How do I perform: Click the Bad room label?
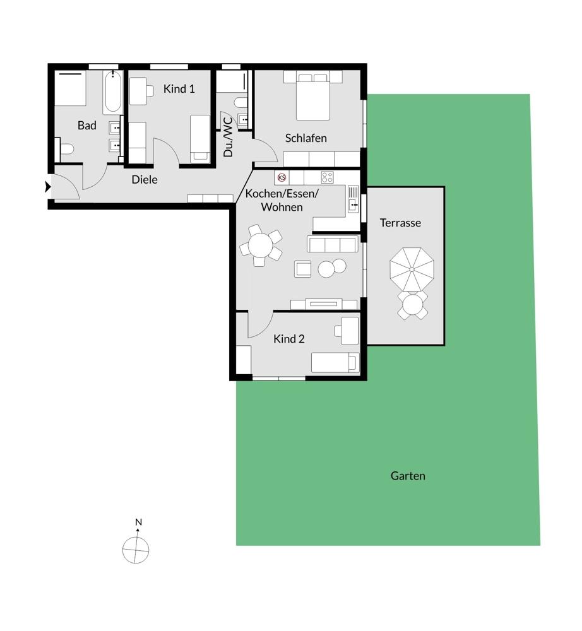pyautogui.click(x=87, y=126)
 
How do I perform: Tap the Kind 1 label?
pyautogui.click(x=179, y=89)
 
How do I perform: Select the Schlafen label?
pyautogui.click(x=306, y=138)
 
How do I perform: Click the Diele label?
pyautogui.click(x=145, y=179)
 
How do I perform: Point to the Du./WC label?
pyautogui.click(x=228, y=137)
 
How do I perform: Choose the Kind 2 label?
pyautogui.click(x=289, y=339)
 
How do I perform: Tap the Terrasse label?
pyautogui.click(x=400, y=223)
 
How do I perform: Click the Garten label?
pyautogui.click(x=408, y=476)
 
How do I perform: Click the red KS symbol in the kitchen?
pyautogui.click(x=282, y=177)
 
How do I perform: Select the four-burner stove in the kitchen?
pyautogui.click(x=327, y=177)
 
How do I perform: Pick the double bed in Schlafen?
pyautogui.click(x=313, y=96)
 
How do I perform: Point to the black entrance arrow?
pyautogui.click(x=48, y=187)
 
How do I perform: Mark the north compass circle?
pyautogui.click(x=136, y=550)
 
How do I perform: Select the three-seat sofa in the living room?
pyautogui.click(x=333, y=244)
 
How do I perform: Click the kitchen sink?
pyautogui.click(x=353, y=199)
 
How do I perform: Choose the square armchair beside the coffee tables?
pyautogui.click(x=302, y=269)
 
